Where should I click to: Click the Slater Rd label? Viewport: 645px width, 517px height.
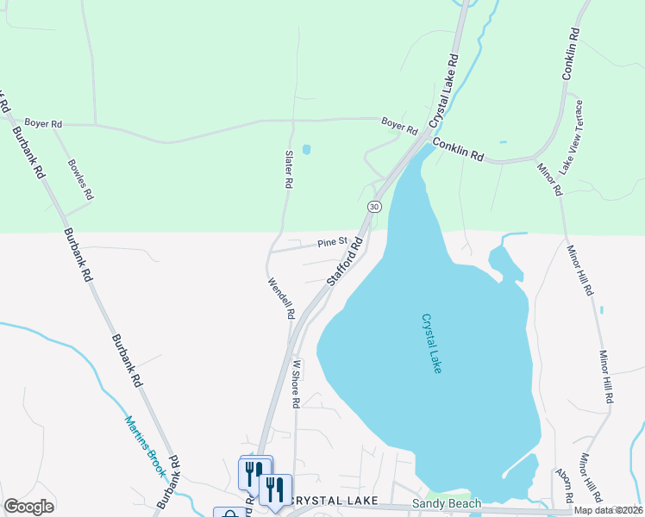point(289,170)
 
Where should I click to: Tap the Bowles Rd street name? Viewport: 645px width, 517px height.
point(80,178)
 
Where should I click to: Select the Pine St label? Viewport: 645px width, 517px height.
point(331,242)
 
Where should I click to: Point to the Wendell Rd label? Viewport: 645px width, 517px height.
point(281,298)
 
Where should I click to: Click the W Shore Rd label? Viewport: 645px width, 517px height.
point(296,383)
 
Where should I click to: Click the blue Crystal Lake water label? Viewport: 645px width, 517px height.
point(431,342)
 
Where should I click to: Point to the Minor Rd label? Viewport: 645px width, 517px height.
point(549,179)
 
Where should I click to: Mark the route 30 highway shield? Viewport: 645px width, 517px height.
point(373,207)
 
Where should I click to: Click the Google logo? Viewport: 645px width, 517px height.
point(28,507)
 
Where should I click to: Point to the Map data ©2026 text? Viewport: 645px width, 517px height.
point(608,510)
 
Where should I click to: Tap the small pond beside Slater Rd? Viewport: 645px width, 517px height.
point(306,149)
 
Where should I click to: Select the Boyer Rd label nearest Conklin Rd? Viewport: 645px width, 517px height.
point(399,126)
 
